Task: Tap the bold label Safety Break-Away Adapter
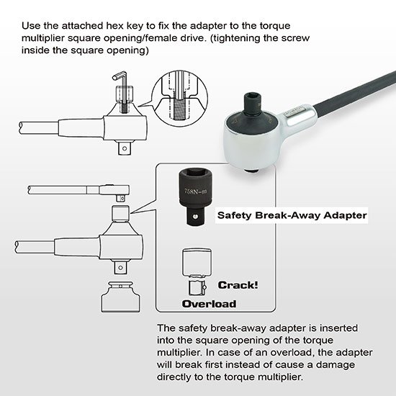pyautogui.click(x=292, y=215)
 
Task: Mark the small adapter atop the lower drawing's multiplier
pyautogui.click(x=121, y=213)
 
